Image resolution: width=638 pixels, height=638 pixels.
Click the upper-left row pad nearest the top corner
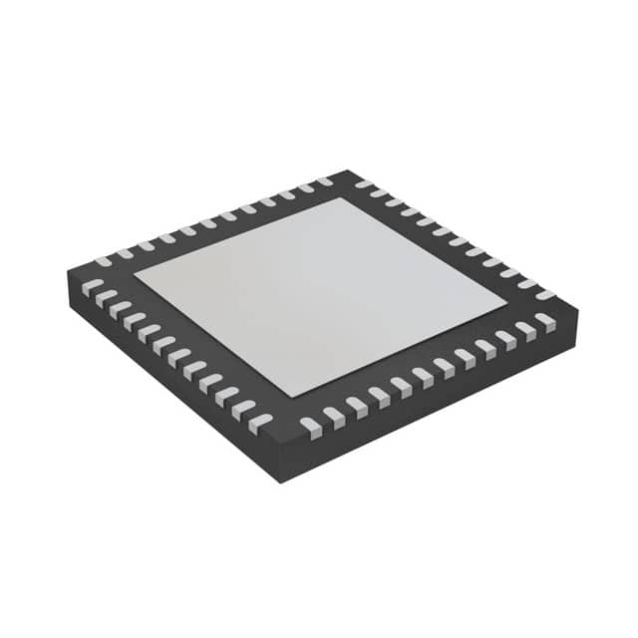point(324,181)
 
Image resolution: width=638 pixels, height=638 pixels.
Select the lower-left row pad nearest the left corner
point(91,286)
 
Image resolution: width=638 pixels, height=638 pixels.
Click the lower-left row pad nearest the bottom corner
point(259,423)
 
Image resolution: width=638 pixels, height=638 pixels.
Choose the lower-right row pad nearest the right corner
point(544,320)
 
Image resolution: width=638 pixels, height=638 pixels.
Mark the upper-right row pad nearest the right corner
point(545,294)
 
